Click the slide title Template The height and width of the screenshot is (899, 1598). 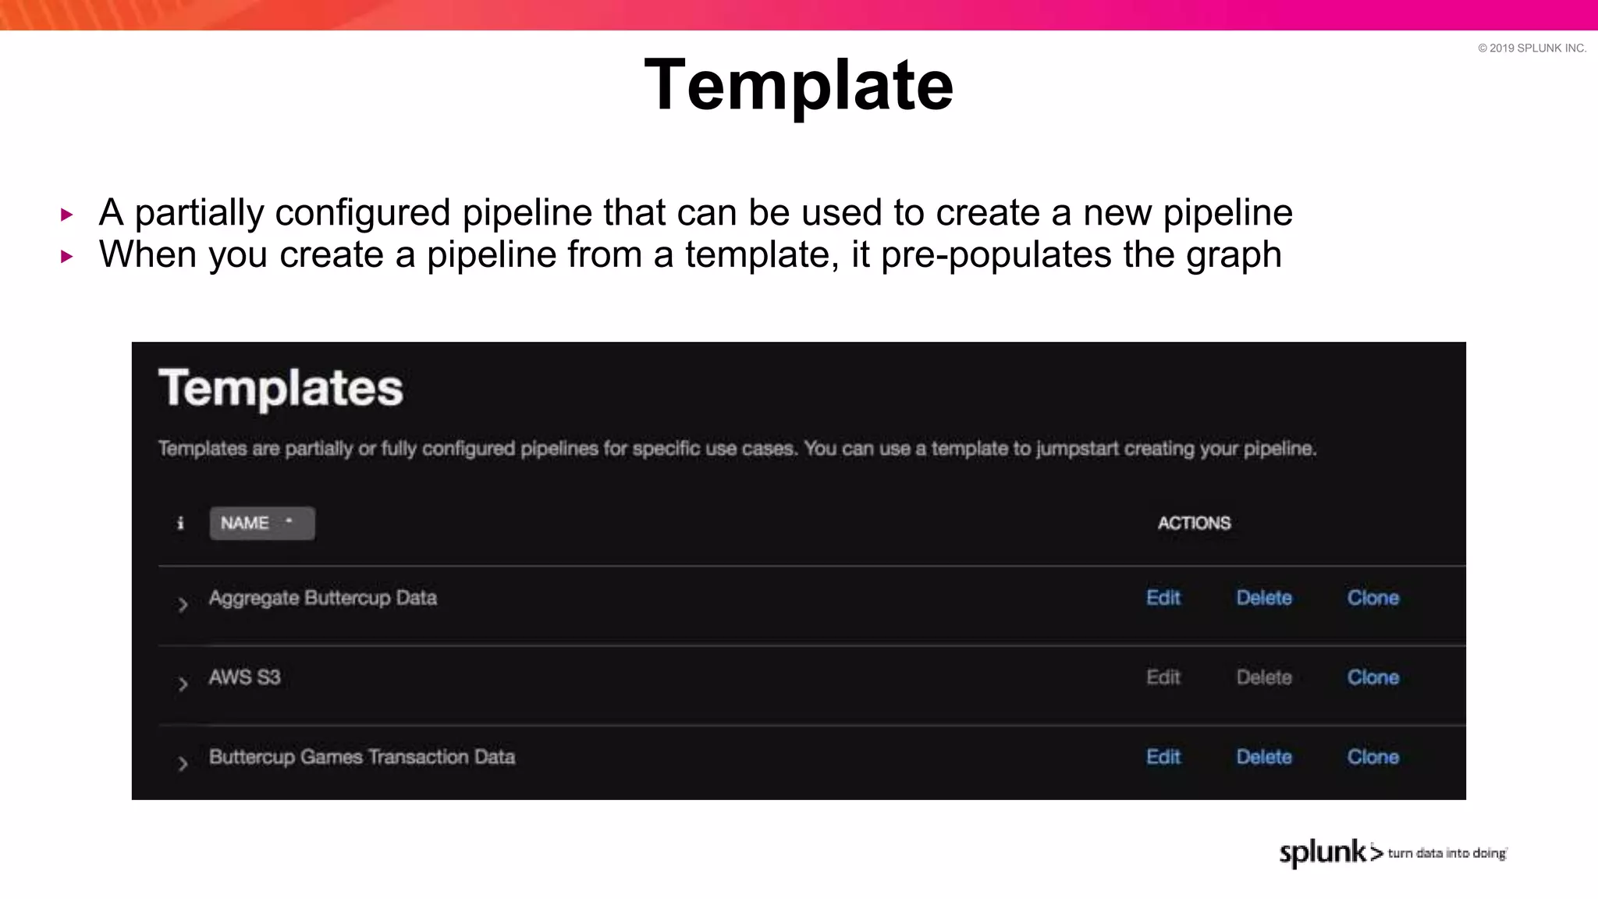[x=798, y=85]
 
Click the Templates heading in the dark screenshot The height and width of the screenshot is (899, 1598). [x=280, y=388]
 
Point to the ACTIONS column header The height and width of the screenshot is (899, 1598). [x=1194, y=523]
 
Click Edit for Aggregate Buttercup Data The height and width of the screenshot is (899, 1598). [x=1163, y=598]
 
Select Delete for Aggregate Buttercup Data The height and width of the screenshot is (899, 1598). [x=1264, y=598]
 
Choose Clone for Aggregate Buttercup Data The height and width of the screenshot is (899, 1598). [x=1373, y=598]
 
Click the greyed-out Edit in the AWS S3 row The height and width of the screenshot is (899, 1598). [x=1163, y=677]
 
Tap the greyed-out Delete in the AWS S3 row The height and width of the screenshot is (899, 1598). [x=1264, y=677]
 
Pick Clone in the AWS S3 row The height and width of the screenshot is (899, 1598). [x=1373, y=677]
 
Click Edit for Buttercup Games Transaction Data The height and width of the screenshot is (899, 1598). [x=1163, y=757]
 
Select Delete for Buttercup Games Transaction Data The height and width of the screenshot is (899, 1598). [x=1264, y=757]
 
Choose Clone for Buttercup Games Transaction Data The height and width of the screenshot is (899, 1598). [x=1373, y=757]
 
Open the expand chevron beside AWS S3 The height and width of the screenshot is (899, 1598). [x=183, y=684]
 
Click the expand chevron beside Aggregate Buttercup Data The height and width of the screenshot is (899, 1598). [x=183, y=605]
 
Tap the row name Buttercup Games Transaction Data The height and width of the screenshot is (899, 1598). [x=361, y=757]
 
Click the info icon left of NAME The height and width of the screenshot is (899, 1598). [x=180, y=523]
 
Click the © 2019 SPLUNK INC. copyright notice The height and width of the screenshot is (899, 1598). [x=1532, y=48]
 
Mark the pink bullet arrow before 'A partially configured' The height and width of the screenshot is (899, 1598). [x=67, y=215]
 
